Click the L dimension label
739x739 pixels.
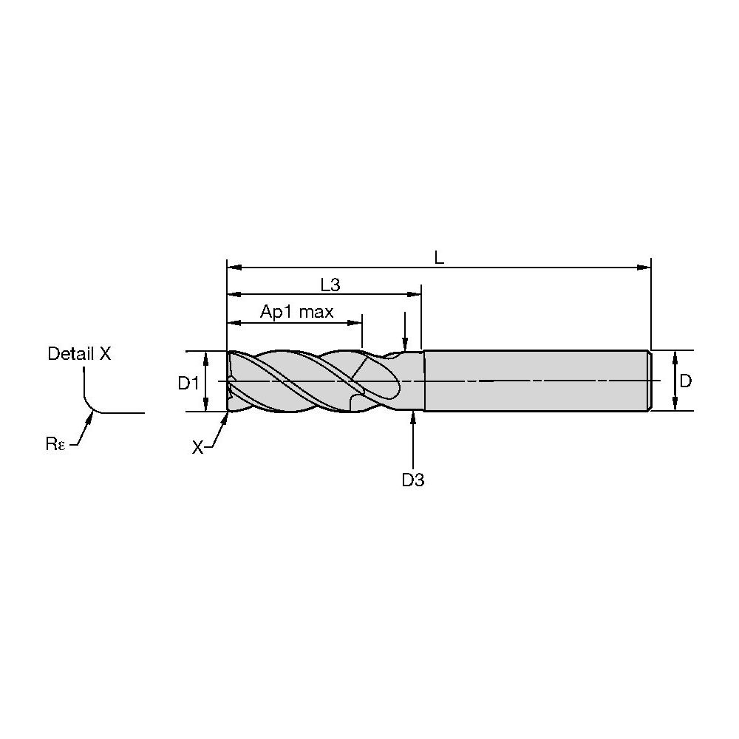click(439, 258)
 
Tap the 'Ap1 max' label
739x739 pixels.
click(297, 312)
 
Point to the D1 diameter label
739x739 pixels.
click(188, 383)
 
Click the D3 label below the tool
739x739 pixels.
click(413, 480)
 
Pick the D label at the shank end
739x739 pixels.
click(686, 381)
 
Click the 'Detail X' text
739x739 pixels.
click(79, 353)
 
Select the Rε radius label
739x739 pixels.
click(55, 443)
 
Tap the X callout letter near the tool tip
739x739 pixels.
click(197, 447)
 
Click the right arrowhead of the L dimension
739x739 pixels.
click(644, 268)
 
